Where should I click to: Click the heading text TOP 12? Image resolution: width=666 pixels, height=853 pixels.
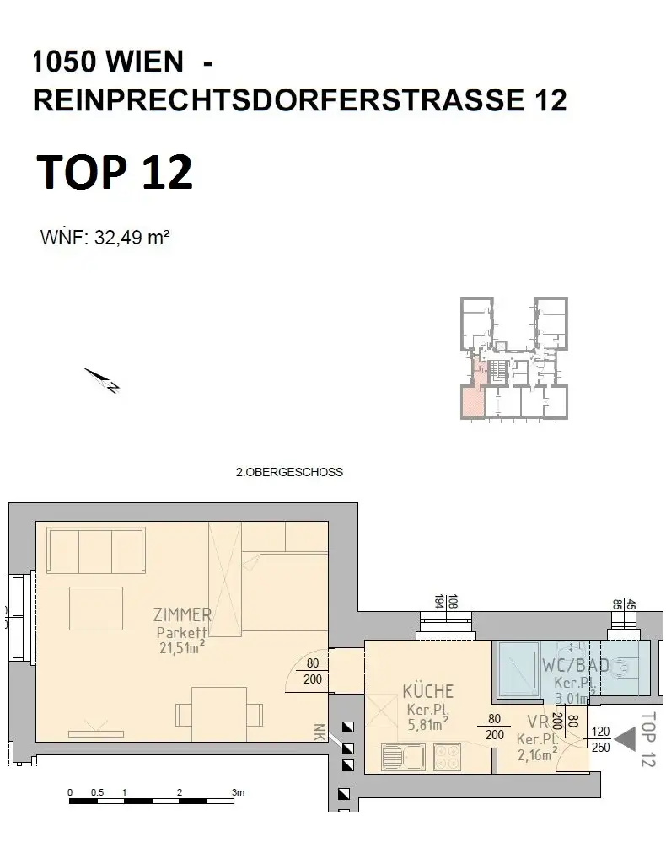pyautogui.click(x=115, y=172)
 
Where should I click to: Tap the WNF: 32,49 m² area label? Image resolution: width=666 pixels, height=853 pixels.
pyautogui.click(x=105, y=238)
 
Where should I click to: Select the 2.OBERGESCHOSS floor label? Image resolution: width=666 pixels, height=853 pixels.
pyautogui.click(x=289, y=473)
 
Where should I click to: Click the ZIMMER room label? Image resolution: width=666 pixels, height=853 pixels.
pyautogui.click(x=183, y=614)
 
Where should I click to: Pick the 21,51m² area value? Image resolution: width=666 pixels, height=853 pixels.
pyautogui.click(x=181, y=647)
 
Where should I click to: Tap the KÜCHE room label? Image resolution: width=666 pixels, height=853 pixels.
pyautogui.click(x=427, y=691)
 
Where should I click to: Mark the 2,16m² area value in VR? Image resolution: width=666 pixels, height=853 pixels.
pyautogui.click(x=536, y=755)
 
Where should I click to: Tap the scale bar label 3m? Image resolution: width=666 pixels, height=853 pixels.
pyautogui.click(x=239, y=793)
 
